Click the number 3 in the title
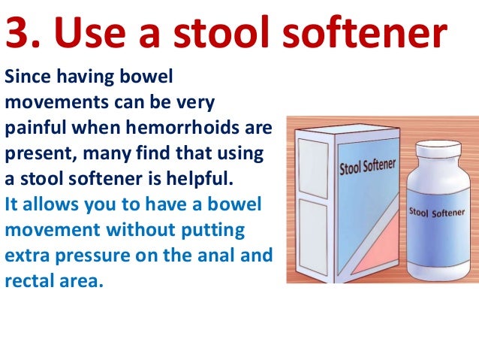click(x=21, y=35)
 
